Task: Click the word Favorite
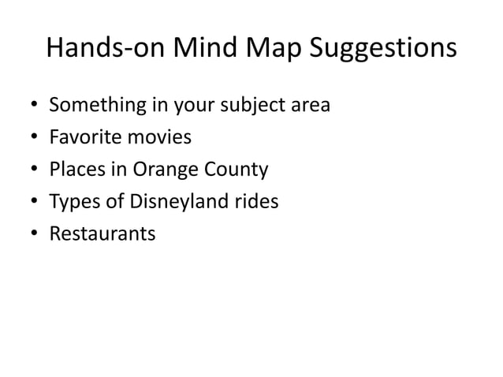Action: click(84, 138)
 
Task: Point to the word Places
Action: click(76, 170)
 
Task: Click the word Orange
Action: click(167, 170)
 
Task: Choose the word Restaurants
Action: click(102, 234)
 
